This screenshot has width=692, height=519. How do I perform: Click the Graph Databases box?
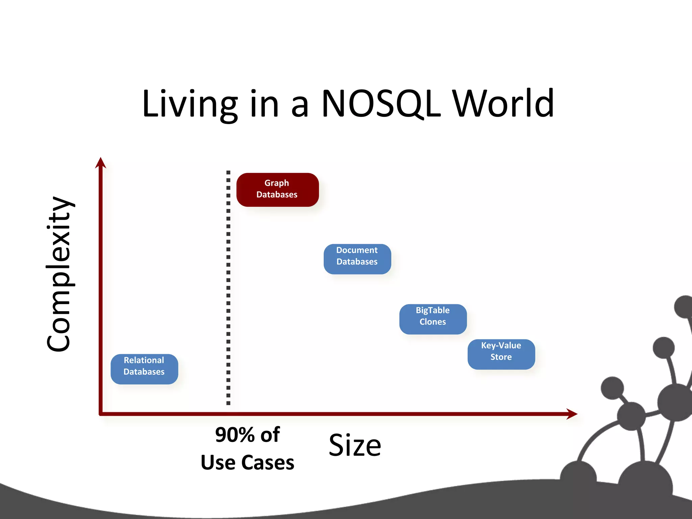click(x=277, y=190)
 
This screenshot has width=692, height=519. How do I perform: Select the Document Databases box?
click(x=357, y=259)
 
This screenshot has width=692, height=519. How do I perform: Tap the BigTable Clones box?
click(x=433, y=319)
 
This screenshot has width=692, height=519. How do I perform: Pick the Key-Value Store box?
click(x=501, y=354)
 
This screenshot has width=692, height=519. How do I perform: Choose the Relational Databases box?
click(x=144, y=369)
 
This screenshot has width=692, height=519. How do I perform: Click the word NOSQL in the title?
click(x=381, y=104)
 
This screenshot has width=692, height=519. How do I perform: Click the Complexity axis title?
click(x=59, y=274)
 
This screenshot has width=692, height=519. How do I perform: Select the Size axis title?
click(x=355, y=445)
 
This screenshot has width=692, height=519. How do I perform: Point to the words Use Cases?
click(x=247, y=463)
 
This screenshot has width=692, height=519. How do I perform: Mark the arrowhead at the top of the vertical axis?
click(x=100, y=163)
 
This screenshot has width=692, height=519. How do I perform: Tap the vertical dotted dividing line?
click(x=228, y=287)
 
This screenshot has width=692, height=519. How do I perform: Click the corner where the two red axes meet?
click(x=101, y=414)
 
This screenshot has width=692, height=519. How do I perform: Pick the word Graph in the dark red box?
click(x=277, y=183)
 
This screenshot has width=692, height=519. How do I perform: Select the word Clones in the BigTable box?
click(x=433, y=322)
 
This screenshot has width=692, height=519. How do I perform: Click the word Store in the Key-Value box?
click(x=501, y=357)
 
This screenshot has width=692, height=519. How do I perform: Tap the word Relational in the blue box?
click(x=144, y=360)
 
